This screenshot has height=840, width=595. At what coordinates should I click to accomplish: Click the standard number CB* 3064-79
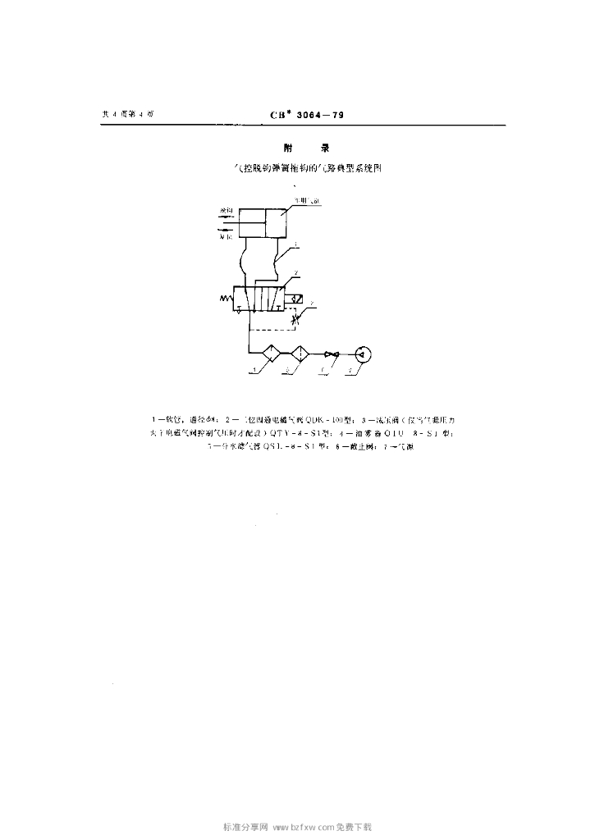pos(307,115)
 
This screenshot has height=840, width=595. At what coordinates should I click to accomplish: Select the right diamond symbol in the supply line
pos(300,354)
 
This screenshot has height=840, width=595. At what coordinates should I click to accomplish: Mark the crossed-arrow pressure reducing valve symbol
pos(295,320)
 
